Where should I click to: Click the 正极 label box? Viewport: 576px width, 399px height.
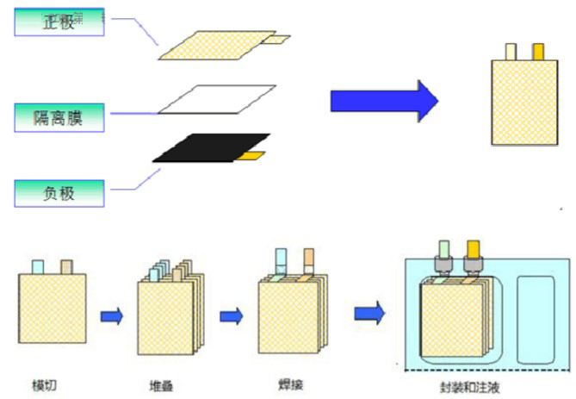(59, 22)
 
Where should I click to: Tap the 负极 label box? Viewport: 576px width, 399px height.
(59, 192)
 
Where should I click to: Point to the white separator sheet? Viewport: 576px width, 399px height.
(217, 99)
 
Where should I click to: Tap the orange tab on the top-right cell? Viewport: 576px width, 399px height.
(539, 52)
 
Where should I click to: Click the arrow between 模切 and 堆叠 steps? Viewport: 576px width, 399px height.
(111, 317)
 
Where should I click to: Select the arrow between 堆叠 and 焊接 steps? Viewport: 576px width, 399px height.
(230, 317)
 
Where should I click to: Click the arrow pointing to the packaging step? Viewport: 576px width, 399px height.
(369, 310)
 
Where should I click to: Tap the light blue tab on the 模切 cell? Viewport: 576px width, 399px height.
(37, 266)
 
